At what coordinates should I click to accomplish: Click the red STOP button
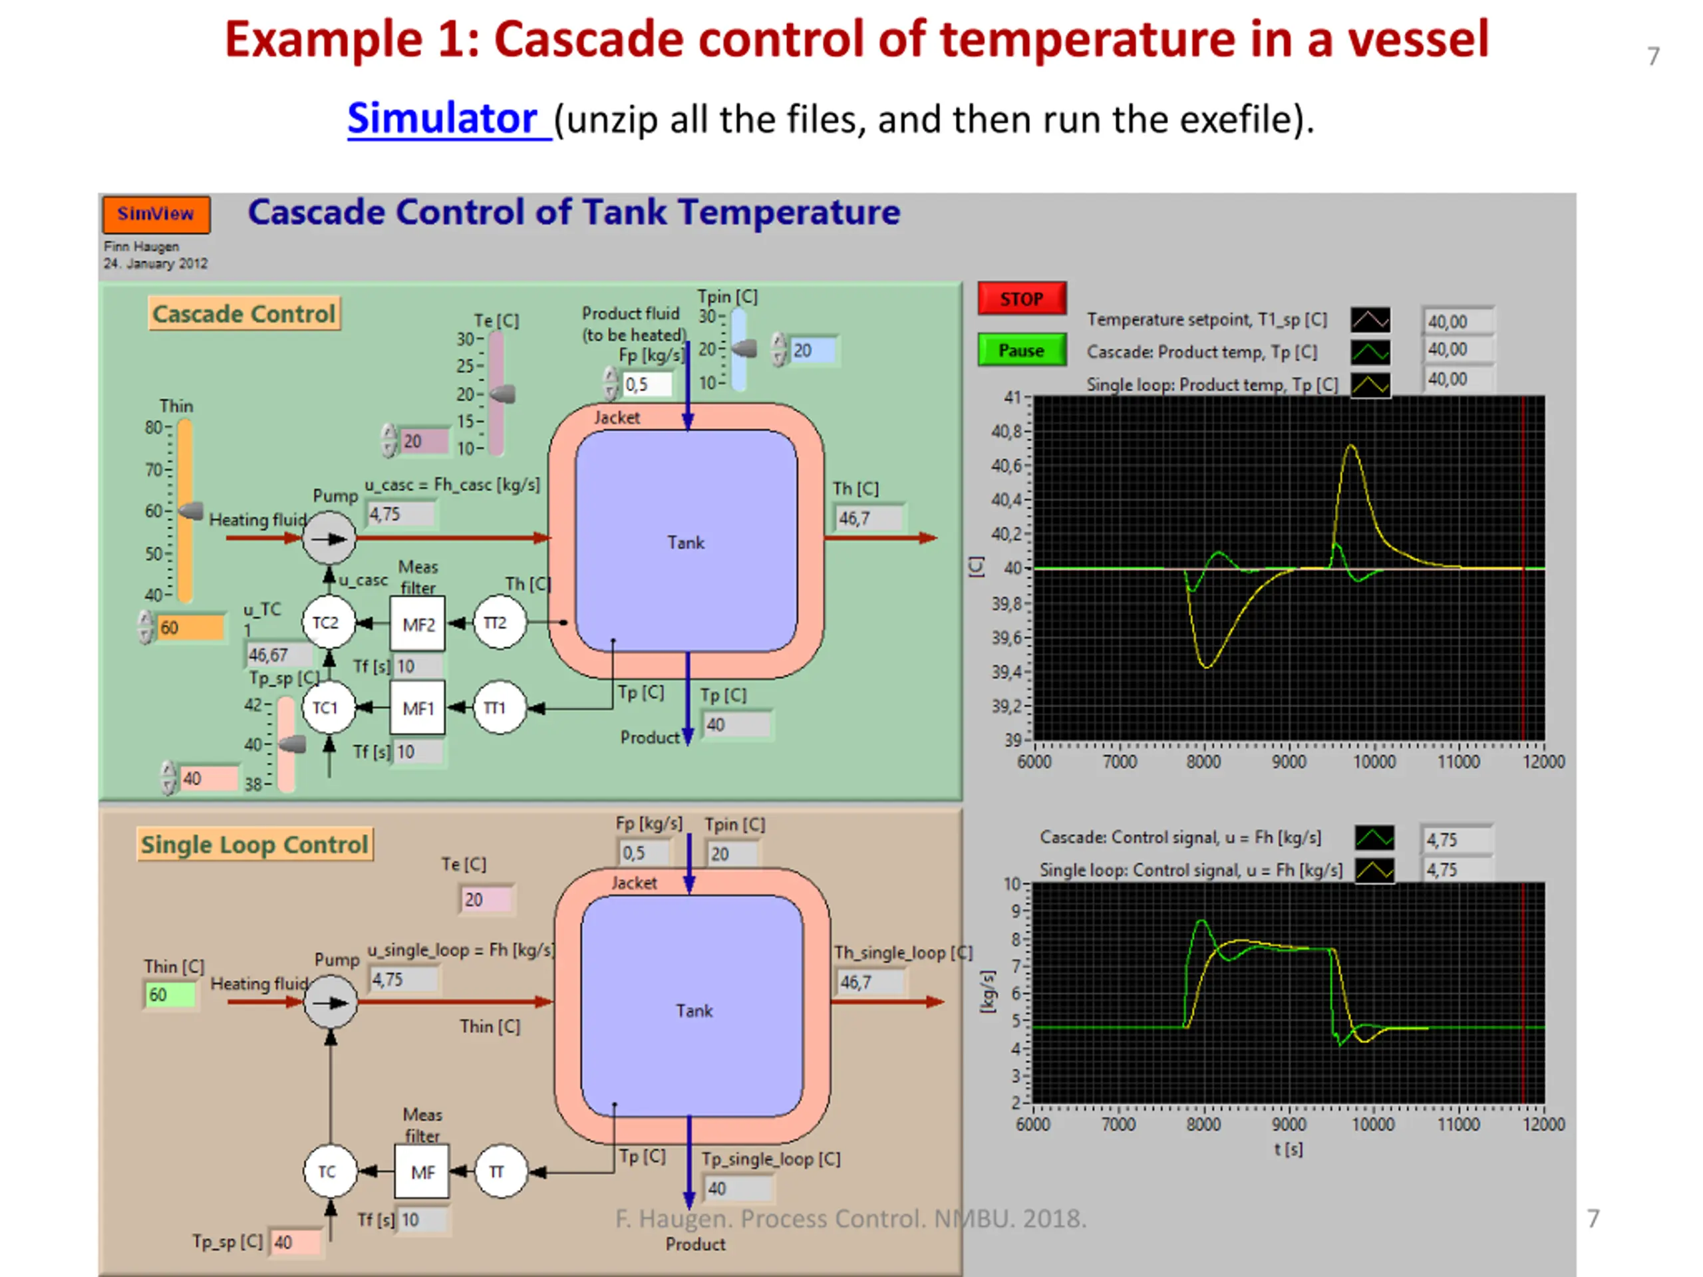1021,299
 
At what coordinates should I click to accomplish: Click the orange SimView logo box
156,214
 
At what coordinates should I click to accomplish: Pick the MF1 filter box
418,708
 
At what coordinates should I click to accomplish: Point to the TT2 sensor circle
498,622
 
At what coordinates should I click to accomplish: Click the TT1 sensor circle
498,708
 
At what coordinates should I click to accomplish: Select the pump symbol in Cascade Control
329,538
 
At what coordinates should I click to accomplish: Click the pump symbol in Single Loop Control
331,1002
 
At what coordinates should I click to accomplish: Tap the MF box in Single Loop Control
422,1171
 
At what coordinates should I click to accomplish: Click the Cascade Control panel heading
243,314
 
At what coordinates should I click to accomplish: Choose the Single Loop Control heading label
254,845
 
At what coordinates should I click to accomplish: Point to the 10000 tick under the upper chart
1374,762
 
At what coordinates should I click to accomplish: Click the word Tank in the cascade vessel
685,543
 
